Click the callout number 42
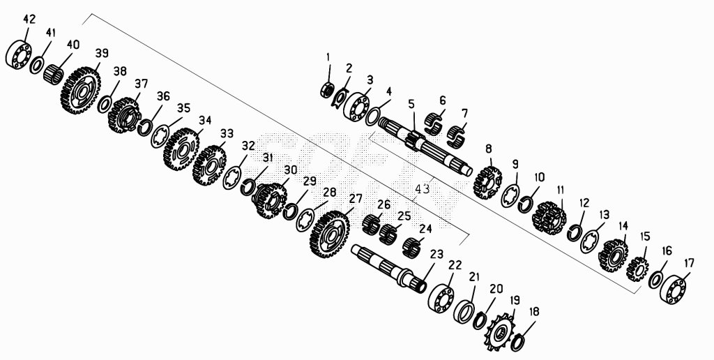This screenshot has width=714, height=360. point(29,19)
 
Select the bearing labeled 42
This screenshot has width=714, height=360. point(19,55)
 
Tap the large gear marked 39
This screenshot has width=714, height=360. point(81,90)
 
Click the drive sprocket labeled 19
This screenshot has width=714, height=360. point(499,332)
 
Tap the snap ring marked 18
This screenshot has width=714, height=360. point(517,343)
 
